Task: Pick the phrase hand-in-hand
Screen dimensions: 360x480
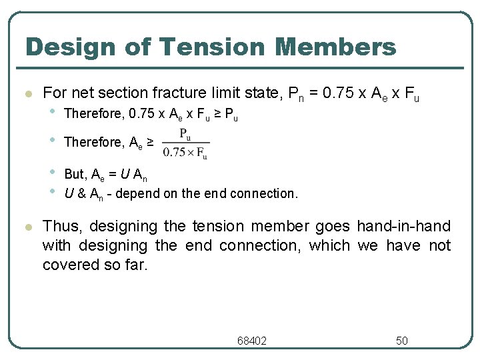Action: click(403, 227)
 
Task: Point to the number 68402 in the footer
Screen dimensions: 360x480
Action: click(252, 341)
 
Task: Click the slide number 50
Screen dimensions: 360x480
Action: click(402, 341)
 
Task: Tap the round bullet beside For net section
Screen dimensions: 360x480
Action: click(27, 94)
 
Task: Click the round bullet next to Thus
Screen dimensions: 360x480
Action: click(27, 227)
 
